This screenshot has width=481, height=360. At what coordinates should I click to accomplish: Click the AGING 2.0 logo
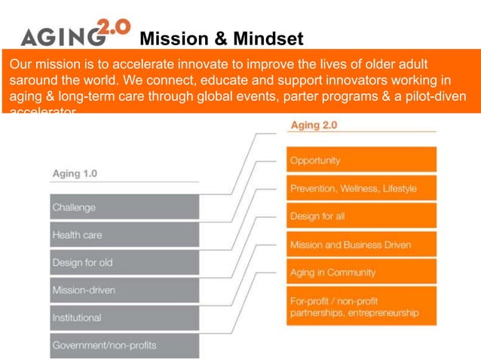pyautogui.click(x=75, y=34)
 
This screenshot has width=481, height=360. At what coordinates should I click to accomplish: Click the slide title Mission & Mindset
pyautogui.click(x=222, y=38)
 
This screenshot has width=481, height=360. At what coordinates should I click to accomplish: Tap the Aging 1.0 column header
pyautogui.click(x=75, y=173)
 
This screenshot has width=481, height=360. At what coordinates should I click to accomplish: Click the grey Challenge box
pyautogui.click(x=124, y=207)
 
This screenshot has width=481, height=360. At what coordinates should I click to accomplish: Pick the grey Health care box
pyautogui.click(x=124, y=235)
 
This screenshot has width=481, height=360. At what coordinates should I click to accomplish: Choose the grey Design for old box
pyautogui.click(x=124, y=263)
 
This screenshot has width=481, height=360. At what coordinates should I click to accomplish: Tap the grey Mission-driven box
pyautogui.click(x=124, y=290)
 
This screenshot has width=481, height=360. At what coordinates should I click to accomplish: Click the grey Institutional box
pyautogui.click(x=124, y=318)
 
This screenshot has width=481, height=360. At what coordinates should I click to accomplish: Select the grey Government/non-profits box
pyautogui.click(x=124, y=346)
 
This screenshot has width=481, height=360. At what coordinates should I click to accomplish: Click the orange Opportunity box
pyautogui.click(x=361, y=160)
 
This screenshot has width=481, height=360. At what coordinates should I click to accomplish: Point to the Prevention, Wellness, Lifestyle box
pyautogui.click(x=361, y=188)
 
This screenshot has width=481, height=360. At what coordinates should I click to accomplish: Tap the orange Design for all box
pyautogui.click(x=361, y=216)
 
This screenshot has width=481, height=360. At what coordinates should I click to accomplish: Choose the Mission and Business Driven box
pyautogui.click(x=361, y=245)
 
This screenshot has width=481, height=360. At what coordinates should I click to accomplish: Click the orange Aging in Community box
pyautogui.click(x=361, y=272)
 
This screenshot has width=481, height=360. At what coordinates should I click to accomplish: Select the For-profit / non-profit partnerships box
pyautogui.click(x=361, y=307)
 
